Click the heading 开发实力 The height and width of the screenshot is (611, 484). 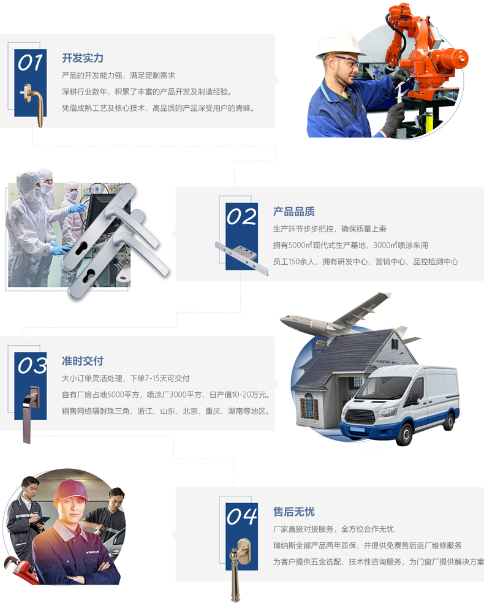tap(83, 58)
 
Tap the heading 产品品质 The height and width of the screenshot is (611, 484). tap(294, 211)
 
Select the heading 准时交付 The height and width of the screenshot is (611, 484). tap(83, 361)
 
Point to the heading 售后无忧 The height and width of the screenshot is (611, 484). tap(294, 512)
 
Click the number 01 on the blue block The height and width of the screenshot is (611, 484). tap(31, 63)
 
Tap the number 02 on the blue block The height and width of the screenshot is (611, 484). tap(241, 216)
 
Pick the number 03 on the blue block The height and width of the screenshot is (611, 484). tap(32, 365)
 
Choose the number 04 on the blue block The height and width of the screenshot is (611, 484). tap(241, 516)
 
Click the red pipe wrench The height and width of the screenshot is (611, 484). tap(21, 571)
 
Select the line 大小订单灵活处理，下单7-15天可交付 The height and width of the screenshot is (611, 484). tap(126, 378)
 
